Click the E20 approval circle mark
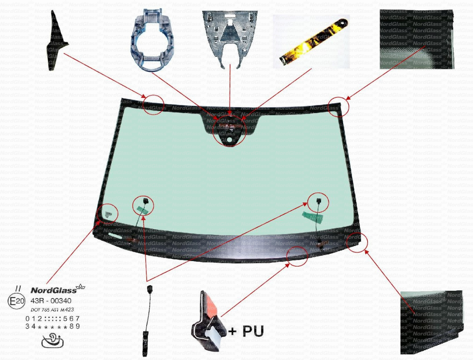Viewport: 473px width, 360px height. [17, 301]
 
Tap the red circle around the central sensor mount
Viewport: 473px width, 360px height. [230, 130]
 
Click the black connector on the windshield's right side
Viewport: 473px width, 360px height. [318, 201]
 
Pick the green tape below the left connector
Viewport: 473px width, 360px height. [141, 209]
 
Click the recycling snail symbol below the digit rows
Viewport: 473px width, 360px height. [52, 341]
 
